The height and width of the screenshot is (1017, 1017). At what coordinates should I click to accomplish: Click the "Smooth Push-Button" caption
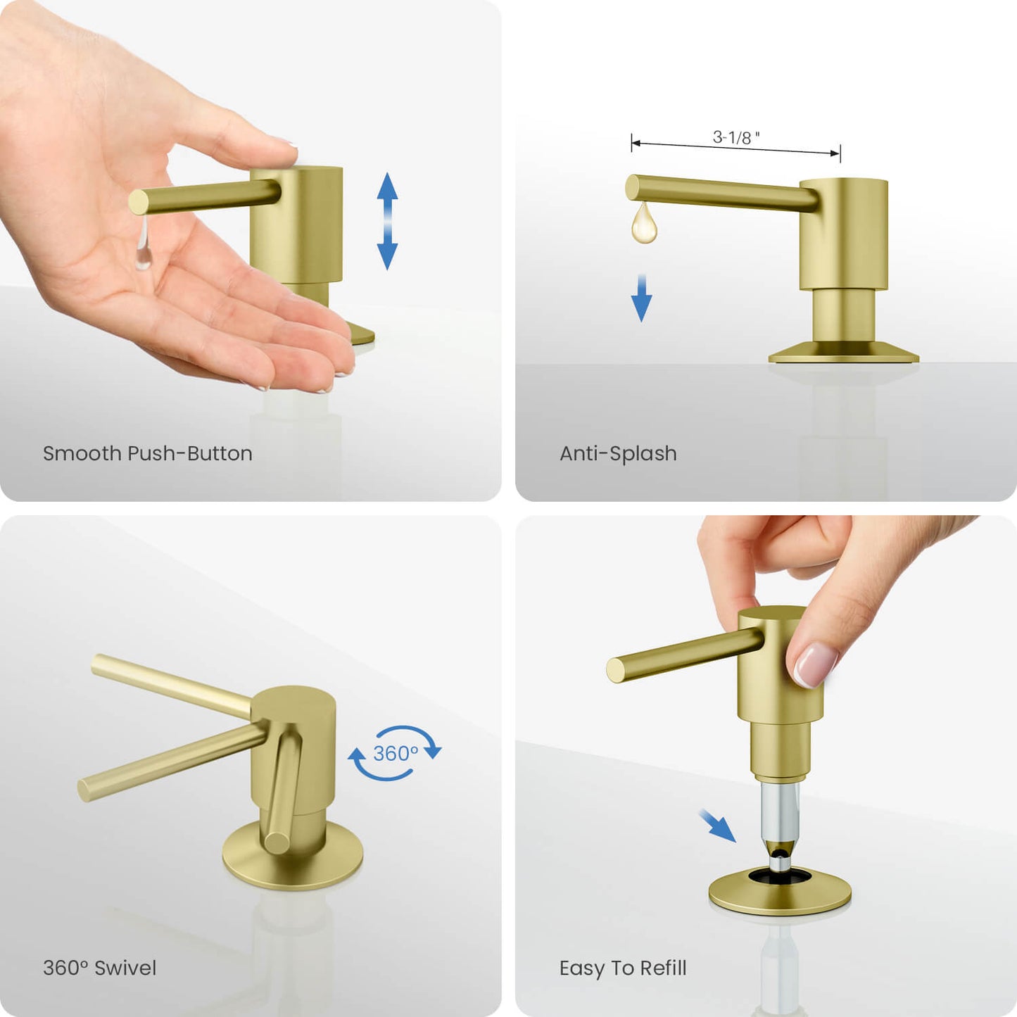(x=148, y=453)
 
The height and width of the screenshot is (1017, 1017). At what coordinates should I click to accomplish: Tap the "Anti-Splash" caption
(x=618, y=453)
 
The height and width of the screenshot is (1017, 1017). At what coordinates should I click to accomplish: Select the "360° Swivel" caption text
(x=100, y=968)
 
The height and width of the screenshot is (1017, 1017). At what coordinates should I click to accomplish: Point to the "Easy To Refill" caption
(x=623, y=968)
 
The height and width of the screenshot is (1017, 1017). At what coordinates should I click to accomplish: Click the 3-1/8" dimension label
(x=735, y=137)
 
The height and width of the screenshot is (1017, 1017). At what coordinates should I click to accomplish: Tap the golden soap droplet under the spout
(x=644, y=223)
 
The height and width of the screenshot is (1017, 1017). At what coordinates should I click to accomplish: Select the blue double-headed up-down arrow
(x=387, y=221)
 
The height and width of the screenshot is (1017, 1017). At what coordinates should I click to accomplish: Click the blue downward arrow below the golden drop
(x=642, y=298)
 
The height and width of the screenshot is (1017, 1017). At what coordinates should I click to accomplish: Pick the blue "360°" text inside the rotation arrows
(x=396, y=754)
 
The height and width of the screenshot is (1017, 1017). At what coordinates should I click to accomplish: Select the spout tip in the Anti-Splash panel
(x=632, y=187)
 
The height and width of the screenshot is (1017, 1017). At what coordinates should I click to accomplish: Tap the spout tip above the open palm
(x=139, y=203)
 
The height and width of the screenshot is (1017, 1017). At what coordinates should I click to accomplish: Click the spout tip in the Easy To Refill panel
(x=616, y=670)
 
